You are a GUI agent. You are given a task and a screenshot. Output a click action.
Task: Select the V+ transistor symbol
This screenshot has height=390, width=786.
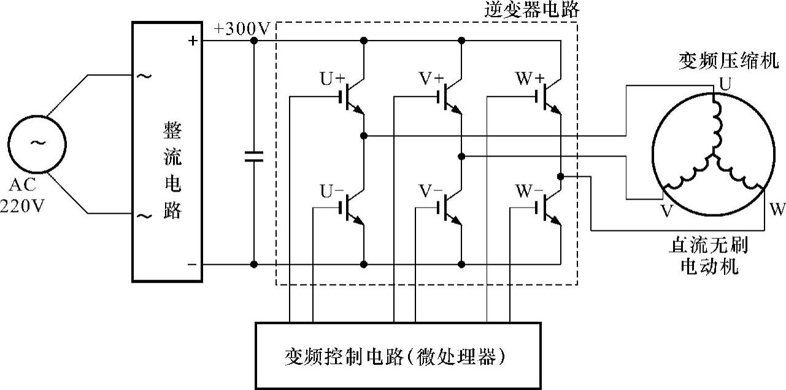coord(450,96)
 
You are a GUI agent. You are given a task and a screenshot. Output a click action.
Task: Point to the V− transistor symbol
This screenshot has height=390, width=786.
coord(450,208)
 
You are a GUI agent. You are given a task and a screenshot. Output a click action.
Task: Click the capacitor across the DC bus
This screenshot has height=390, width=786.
coord(253,156)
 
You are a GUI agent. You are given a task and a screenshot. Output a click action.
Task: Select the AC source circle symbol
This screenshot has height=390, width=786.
coord(37,144)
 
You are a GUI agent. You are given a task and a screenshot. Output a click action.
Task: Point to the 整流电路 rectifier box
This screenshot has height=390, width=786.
coord(168,152)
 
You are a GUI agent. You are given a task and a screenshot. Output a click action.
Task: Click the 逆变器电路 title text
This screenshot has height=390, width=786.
coord(531,10)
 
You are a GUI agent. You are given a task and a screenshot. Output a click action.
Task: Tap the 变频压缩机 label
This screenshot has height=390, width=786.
coord(728,60)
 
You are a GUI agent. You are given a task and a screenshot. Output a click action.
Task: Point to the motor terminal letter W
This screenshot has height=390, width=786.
coord(777,210)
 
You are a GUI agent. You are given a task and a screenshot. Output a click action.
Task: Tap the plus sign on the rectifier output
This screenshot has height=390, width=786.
coord(193,41)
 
